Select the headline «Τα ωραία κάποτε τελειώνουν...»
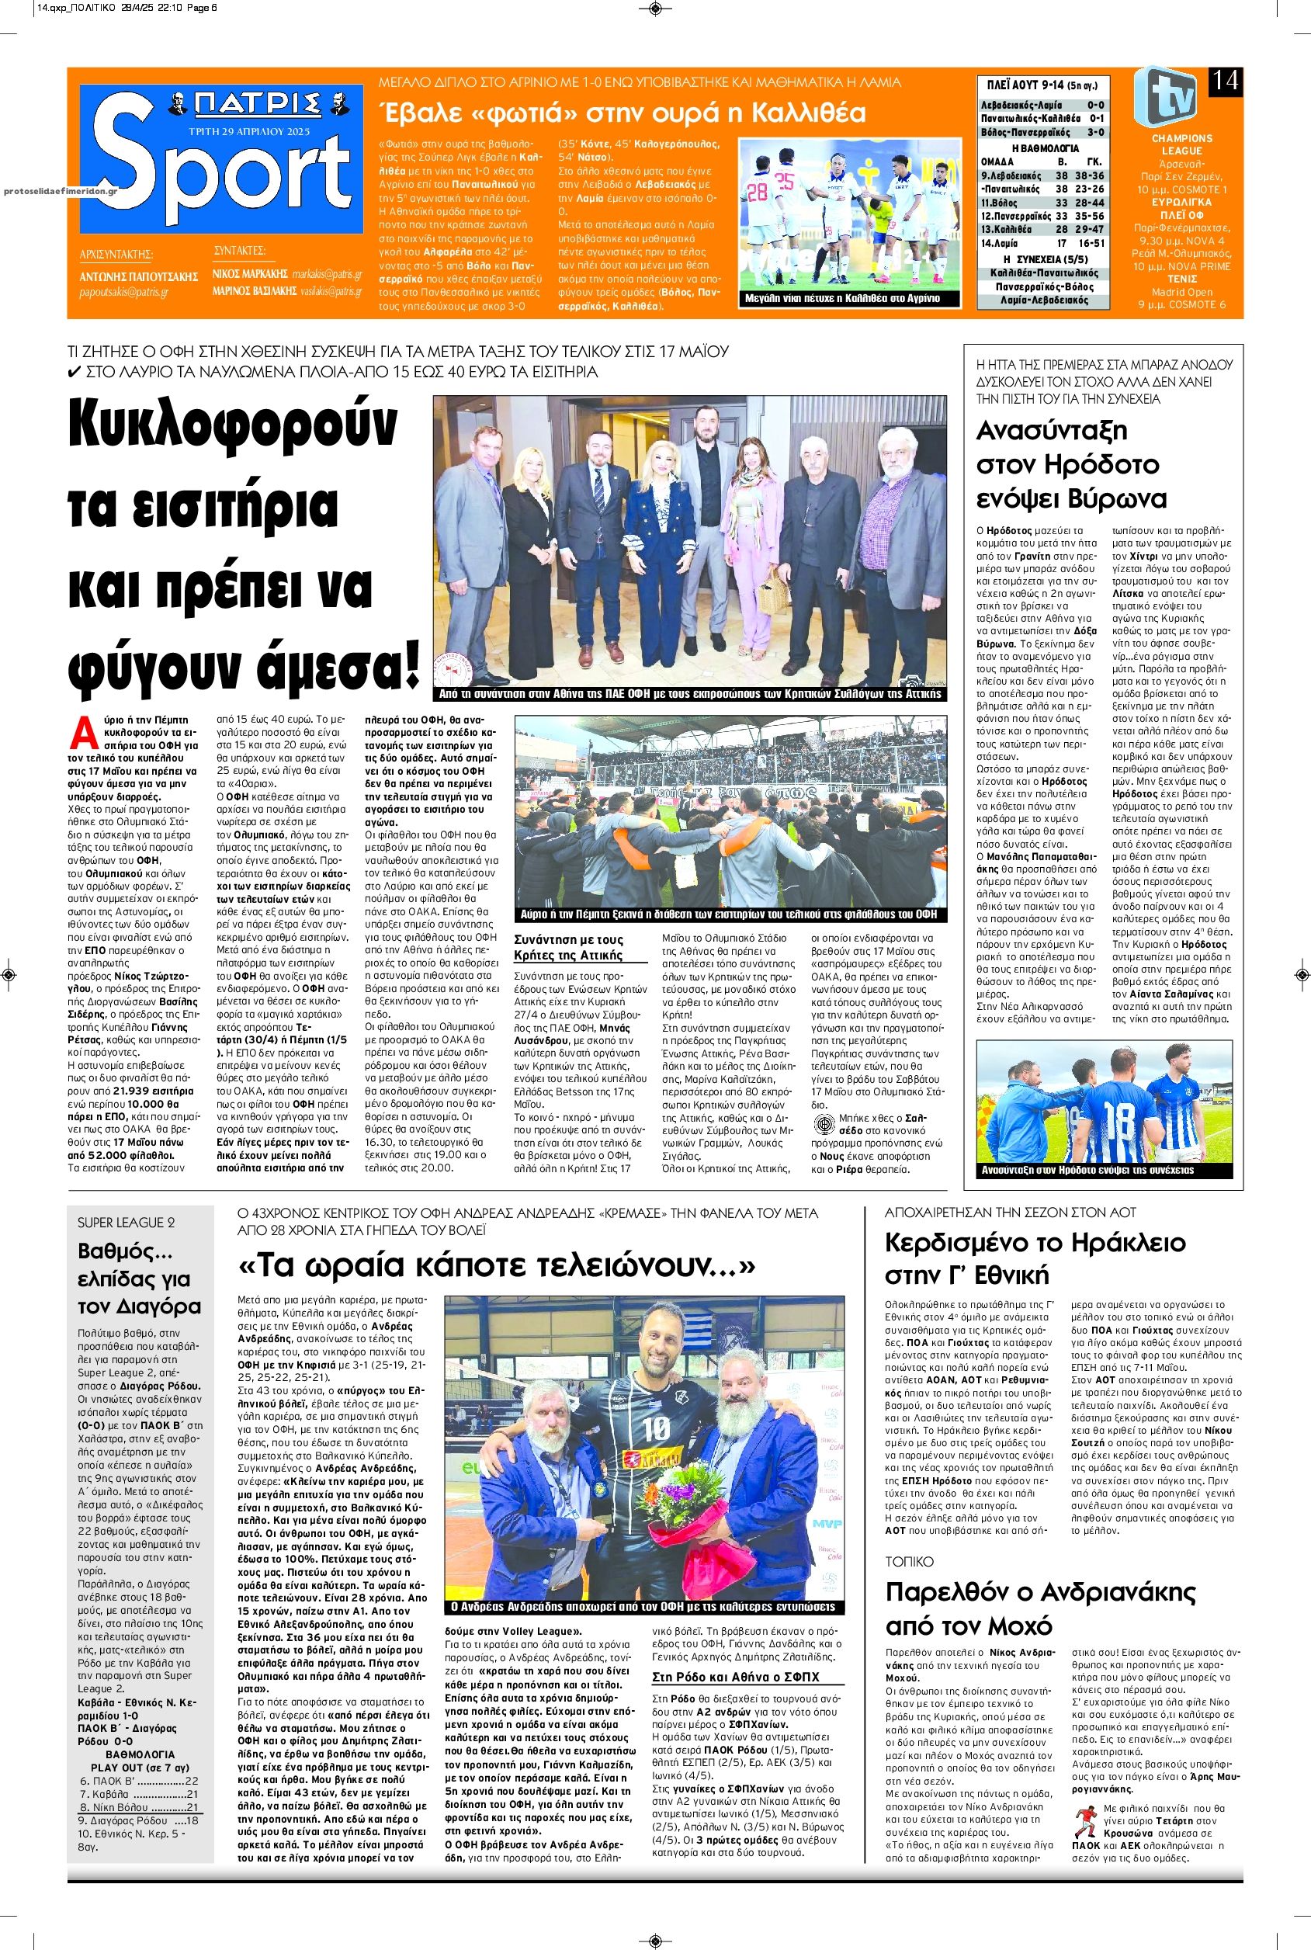point(497,1266)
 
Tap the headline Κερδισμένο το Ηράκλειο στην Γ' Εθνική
point(1035,1258)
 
